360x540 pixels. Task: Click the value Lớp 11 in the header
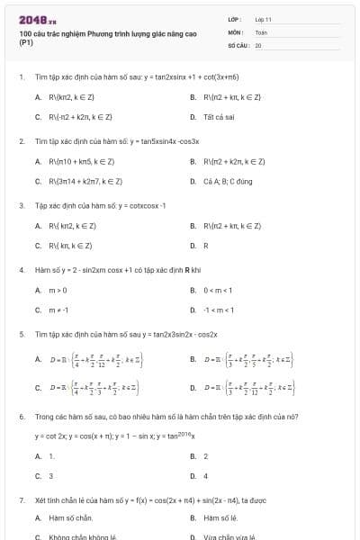[x=263, y=19]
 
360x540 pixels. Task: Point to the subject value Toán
[x=261, y=31]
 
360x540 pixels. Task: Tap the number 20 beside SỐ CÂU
[x=258, y=44]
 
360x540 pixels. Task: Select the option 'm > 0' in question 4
[x=58, y=290]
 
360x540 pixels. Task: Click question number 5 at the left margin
[x=22, y=334]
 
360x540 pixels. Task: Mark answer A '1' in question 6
[x=51, y=456]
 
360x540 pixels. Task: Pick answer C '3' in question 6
[x=51, y=475]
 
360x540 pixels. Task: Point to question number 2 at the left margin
[x=22, y=141]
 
